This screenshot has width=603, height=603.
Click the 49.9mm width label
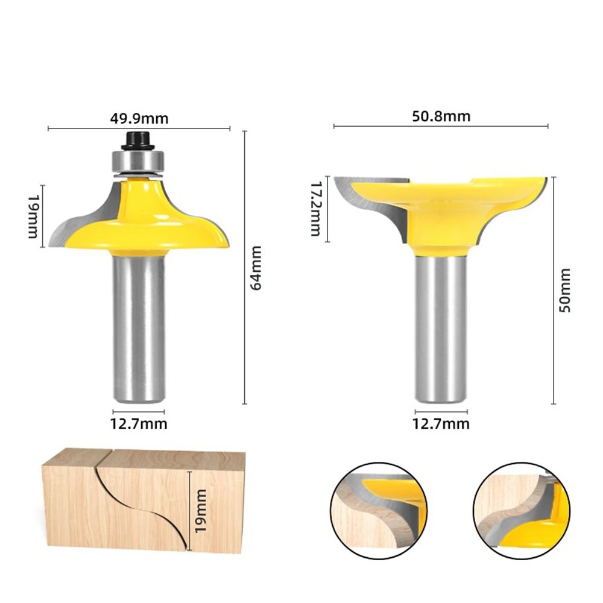[139, 118]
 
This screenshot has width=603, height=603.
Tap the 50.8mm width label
[441, 116]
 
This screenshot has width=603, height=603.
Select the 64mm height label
[256, 268]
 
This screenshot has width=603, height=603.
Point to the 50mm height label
[564, 291]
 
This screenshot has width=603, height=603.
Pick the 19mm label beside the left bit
[33, 216]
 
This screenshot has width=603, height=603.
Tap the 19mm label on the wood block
[201, 511]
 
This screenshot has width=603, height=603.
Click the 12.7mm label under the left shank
[139, 424]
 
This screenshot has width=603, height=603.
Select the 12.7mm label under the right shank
[441, 424]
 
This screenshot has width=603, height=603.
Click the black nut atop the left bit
[138, 140]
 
